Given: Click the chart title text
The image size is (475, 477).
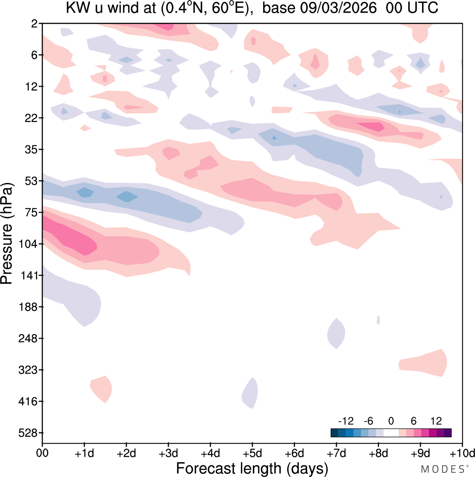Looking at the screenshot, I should [x=252, y=8].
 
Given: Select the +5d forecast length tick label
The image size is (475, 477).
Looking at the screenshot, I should [x=252, y=453].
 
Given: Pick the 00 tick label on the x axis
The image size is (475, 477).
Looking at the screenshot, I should [x=42, y=453].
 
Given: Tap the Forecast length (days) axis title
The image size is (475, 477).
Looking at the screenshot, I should [x=252, y=468].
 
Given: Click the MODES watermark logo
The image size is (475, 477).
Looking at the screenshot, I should [x=442, y=470].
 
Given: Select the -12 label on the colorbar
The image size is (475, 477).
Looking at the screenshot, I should [x=346, y=421].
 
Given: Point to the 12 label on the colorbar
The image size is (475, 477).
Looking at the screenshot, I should [x=436, y=421].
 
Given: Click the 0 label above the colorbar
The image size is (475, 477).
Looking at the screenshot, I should [x=391, y=421].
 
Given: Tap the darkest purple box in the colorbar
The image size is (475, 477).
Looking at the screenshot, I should [x=448, y=433].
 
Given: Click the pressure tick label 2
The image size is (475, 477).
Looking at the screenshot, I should [x=35, y=24].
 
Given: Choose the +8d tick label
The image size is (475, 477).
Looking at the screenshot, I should [x=378, y=453].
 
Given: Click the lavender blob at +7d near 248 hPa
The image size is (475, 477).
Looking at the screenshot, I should [x=336, y=333].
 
